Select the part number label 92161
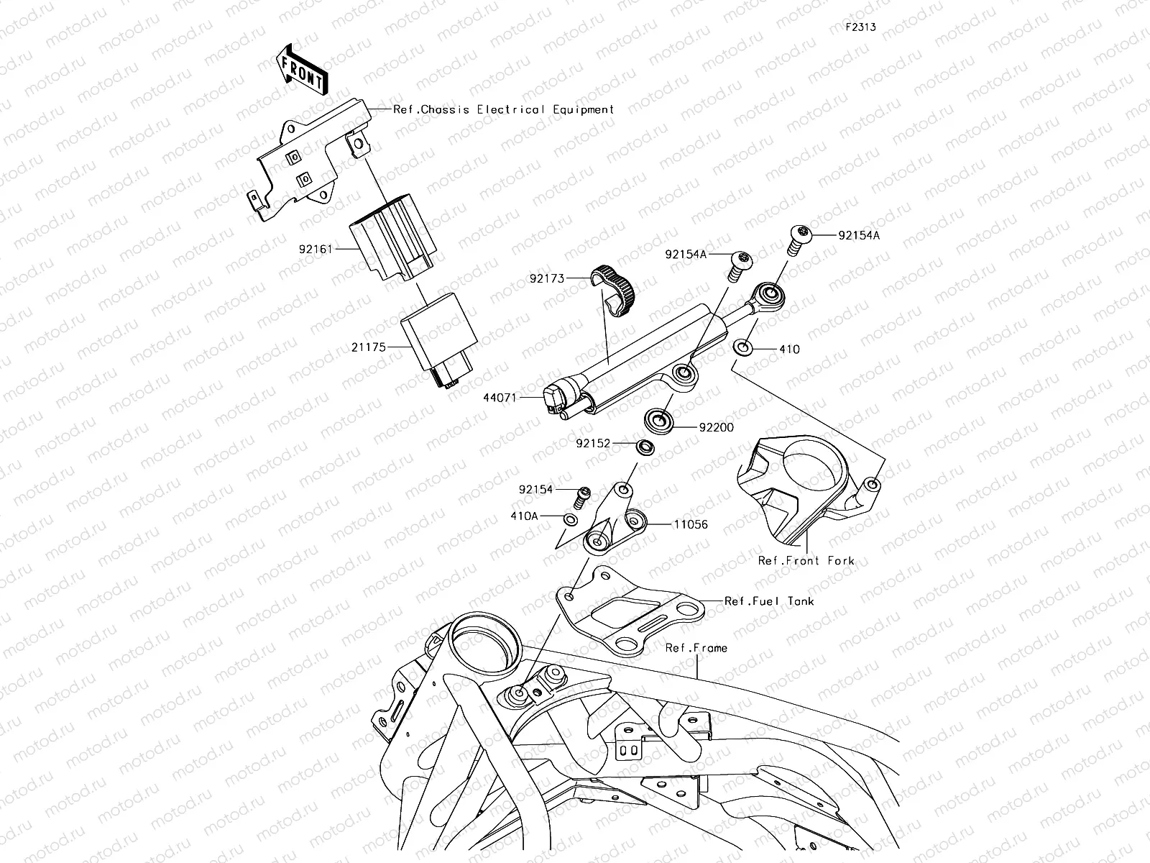[317, 249]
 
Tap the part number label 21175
[369, 347]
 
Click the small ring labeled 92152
[645, 447]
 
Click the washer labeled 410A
[569, 519]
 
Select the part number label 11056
[690, 524]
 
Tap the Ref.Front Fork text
[806, 561]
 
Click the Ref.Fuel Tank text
[769, 601]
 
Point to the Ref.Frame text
[696, 648]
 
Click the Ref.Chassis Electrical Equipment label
[504, 109]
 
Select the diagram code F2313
[860, 27]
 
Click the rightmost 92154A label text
[858, 234]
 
